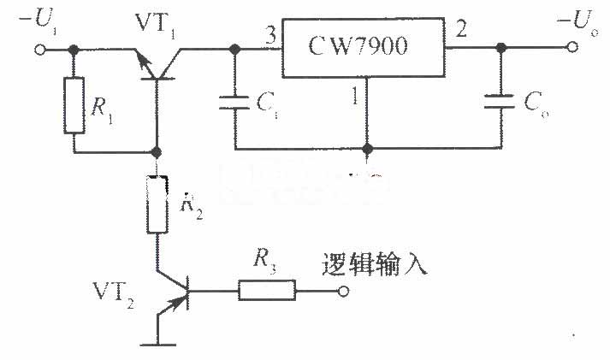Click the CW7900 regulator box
(x=363, y=47)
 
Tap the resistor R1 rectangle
(x=74, y=105)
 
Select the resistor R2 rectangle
(x=157, y=204)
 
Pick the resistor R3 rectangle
(x=266, y=290)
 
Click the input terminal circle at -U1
(x=39, y=50)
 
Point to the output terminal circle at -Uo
(x=572, y=47)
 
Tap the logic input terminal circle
(x=343, y=291)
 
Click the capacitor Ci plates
(x=234, y=103)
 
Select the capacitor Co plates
(x=500, y=100)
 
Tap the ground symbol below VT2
(x=158, y=345)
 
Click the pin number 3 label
(x=270, y=35)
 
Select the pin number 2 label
(x=461, y=29)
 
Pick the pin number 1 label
(x=355, y=96)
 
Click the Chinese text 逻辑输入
(x=374, y=266)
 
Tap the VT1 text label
(x=156, y=26)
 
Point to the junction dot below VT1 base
(x=157, y=152)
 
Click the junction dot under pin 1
(x=367, y=148)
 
